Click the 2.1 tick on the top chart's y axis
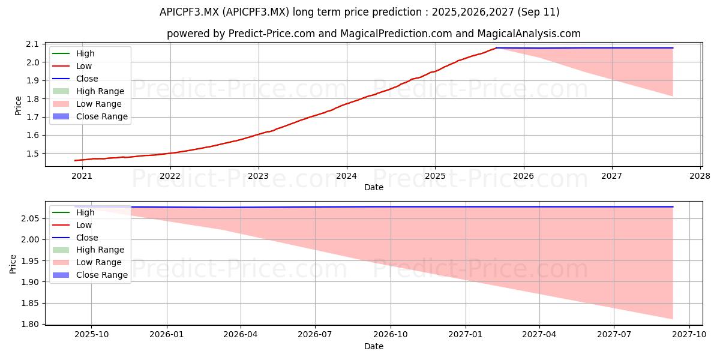32,44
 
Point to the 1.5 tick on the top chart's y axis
32,154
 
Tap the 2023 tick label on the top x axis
259,176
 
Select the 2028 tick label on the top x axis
700,176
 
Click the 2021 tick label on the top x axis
82,176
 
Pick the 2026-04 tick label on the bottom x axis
241,335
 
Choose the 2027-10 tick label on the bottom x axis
689,335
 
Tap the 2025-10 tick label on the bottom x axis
92,335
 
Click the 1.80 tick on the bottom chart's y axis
30,324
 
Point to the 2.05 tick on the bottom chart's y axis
30,218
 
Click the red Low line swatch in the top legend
61,66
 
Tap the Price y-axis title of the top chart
19,106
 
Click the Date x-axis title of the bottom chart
373,346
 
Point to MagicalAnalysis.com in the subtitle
529,34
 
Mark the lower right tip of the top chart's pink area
673,96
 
